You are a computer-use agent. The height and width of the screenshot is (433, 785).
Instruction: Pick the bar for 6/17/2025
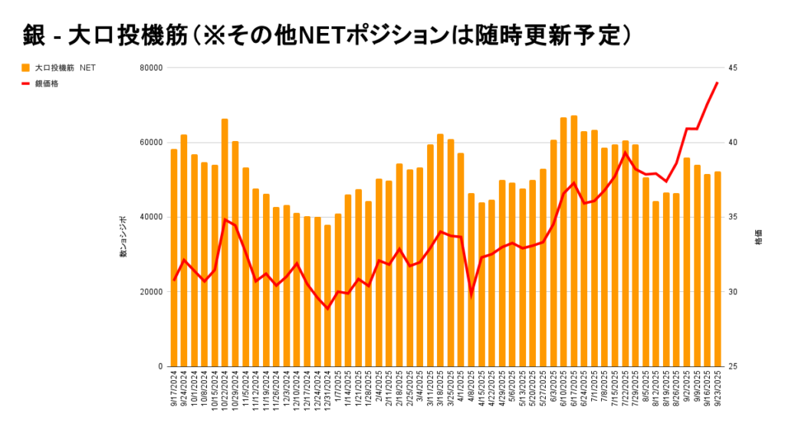pyautogui.click(x=573, y=241)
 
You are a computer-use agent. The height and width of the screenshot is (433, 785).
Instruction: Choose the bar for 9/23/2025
pyautogui.click(x=718, y=268)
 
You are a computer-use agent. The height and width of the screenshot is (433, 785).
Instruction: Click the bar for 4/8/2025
pyautogui.click(x=471, y=280)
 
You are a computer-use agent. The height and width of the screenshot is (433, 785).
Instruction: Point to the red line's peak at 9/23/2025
pyautogui.click(x=718, y=83)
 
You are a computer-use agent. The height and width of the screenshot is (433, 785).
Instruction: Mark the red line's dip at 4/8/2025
pyautogui.click(x=471, y=294)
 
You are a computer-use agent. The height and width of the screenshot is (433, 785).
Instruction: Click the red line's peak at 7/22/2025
pyautogui.click(x=626, y=153)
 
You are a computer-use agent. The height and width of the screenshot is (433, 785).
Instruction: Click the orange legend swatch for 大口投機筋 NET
pyautogui.click(x=25, y=67)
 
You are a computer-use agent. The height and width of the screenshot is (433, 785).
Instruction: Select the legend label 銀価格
pyautogui.click(x=47, y=84)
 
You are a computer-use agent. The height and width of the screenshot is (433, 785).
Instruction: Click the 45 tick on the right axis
pyautogui.click(x=733, y=67)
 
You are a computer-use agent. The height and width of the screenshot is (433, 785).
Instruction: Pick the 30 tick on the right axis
pyautogui.click(x=733, y=292)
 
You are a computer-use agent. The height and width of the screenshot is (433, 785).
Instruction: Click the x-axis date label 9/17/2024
pyautogui.click(x=175, y=389)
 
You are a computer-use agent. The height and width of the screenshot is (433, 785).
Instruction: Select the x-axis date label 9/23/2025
pyautogui.click(x=718, y=389)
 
